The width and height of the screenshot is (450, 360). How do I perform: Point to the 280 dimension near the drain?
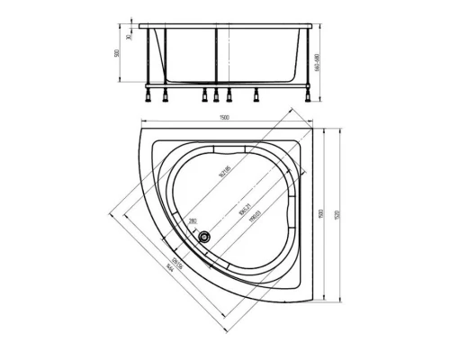coord(193,220)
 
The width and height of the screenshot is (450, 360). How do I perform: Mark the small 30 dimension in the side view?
coord(130,37)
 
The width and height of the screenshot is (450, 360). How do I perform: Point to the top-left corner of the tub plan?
coord(140,129)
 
